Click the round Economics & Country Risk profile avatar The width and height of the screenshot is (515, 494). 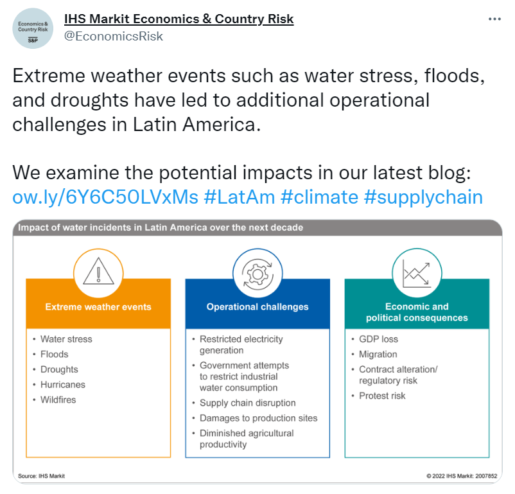pyautogui.click(x=33, y=29)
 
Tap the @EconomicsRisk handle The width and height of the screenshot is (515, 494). pyautogui.click(x=113, y=36)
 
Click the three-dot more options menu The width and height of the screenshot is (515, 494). pyautogui.click(x=494, y=19)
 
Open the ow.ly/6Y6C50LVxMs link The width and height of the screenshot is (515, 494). pyautogui.click(x=105, y=197)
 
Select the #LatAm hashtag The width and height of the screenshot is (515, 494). pyautogui.click(x=240, y=197)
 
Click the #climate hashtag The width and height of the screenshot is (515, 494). pyautogui.click(x=319, y=197)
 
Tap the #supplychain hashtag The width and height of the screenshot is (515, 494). pyautogui.click(x=423, y=197)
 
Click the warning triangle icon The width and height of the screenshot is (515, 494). pyautogui.click(x=98, y=271)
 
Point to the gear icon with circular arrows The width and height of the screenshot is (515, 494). pyautogui.click(x=257, y=274)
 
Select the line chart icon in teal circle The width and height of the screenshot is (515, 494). pyautogui.click(x=417, y=274)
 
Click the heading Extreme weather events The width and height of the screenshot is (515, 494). pyautogui.click(x=98, y=306)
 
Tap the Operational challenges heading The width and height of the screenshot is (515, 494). pyautogui.click(x=257, y=306)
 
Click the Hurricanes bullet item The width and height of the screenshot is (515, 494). pyautogui.click(x=63, y=385)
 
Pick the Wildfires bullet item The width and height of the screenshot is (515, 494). pyautogui.click(x=58, y=400)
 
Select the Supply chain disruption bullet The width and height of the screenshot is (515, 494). pyautogui.click(x=248, y=403)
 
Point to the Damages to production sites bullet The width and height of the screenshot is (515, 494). pyautogui.click(x=259, y=418)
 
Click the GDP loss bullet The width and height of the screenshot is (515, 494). pyautogui.click(x=378, y=339)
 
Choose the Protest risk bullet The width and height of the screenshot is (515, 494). pyautogui.click(x=382, y=396)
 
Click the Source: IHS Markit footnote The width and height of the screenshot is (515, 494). pyautogui.click(x=41, y=476)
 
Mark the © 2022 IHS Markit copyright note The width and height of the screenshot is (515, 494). pyautogui.click(x=462, y=476)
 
